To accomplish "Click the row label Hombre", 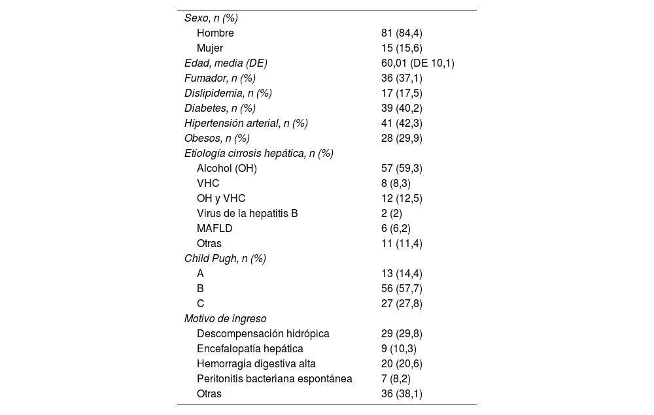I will pyautogui.click(x=215, y=33).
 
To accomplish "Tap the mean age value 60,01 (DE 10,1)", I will pyautogui.click(x=417, y=63).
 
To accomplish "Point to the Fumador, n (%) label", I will pyautogui.click(x=220, y=78).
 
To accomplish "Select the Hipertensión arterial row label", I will pyautogui.click(x=246, y=123).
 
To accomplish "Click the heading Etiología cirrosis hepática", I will pyautogui.click(x=258, y=153).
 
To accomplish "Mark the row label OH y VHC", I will pyautogui.click(x=221, y=198).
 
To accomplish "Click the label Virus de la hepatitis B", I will pyautogui.click(x=247, y=213).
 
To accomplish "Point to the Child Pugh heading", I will pyautogui.click(x=225, y=258).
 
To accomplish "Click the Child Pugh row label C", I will pyautogui.click(x=201, y=303).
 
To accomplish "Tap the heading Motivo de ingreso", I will pyautogui.click(x=225, y=318).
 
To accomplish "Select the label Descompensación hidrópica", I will pyautogui.click(x=263, y=333).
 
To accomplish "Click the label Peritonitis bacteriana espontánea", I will pyautogui.click(x=274, y=378).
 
